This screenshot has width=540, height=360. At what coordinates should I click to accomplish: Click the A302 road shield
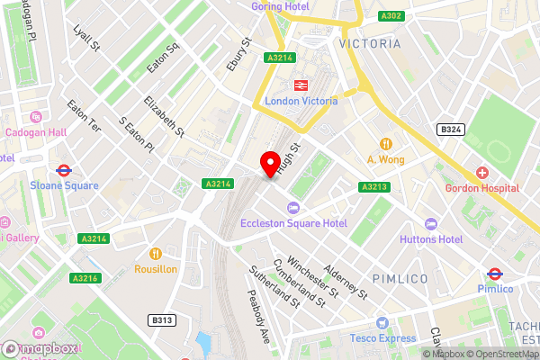(391, 16)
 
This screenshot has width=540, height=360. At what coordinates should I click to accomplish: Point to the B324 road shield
(450, 130)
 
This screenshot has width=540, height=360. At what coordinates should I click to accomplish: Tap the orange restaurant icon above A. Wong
(386, 144)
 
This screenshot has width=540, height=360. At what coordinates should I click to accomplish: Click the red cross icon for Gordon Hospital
(482, 172)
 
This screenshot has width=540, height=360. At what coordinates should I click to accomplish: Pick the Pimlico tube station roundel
(494, 274)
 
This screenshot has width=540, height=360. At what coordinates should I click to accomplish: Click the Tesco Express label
(383, 338)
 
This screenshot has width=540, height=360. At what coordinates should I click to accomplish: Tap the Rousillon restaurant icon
(156, 253)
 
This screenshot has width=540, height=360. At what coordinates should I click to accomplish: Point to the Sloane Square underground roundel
(63, 169)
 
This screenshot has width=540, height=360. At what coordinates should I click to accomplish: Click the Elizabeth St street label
(166, 117)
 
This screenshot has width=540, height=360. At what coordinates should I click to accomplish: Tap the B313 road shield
(162, 320)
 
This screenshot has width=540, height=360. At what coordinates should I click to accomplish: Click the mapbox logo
(40, 348)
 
